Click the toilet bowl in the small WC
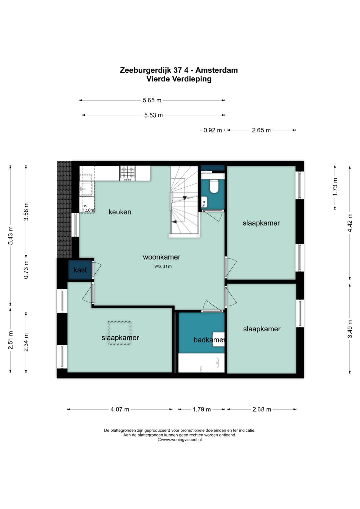[x=214, y=186]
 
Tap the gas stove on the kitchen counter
[x=127, y=173]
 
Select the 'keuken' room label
[x=120, y=212]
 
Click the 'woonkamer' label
[x=162, y=257]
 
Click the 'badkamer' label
[x=209, y=340]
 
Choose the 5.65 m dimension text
[x=152, y=100]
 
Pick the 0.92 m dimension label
[x=213, y=130]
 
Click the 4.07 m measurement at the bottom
[x=120, y=409]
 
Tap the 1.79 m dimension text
[x=202, y=409]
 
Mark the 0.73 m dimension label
[x=26, y=269]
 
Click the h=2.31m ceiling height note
[x=162, y=267]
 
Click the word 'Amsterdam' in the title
[x=217, y=70]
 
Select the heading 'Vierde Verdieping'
[x=179, y=79]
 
